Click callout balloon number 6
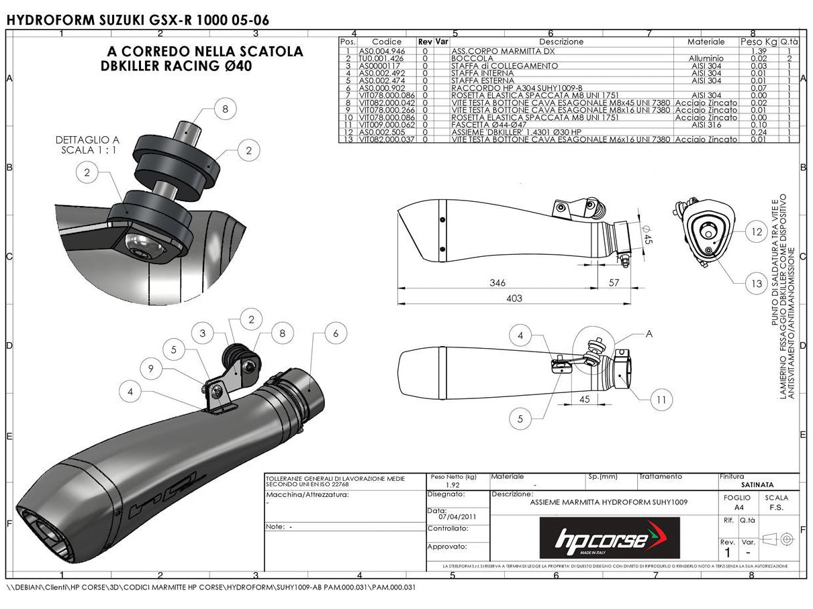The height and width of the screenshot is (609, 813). pyautogui.click(x=336, y=333)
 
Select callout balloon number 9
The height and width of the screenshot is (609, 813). pyautogui.click(x=152, y=368)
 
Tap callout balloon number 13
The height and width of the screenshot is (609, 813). pyautogui.click(x=756, y=284)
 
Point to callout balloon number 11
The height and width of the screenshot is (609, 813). pyautogui.click(x=662, y=400)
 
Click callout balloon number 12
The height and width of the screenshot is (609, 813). pyautogui.click(x=756, y=232)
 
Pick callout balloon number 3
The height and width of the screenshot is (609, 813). pyautogui.click(x=203, y=332)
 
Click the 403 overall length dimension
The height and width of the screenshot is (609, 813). pyautogui.click(x=514, y=298)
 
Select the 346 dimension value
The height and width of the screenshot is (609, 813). pyautogui.click(x=497, y=283)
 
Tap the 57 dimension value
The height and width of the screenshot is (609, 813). pyautogui.click(x=614, y=283)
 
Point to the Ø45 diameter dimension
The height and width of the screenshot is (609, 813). pyautogui.click(x=647, y=236)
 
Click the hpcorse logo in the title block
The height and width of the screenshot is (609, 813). pyautogui.click(x=610, y=539)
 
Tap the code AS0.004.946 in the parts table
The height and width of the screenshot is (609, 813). pyautogui.click(x=381, y=51)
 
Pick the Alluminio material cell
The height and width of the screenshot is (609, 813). pyautogui.click(x=706, y=58)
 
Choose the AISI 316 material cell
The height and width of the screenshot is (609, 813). pyautogui.click(x=706, y=125)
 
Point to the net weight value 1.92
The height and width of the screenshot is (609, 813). pyautogui.click(x=453, y=484)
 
